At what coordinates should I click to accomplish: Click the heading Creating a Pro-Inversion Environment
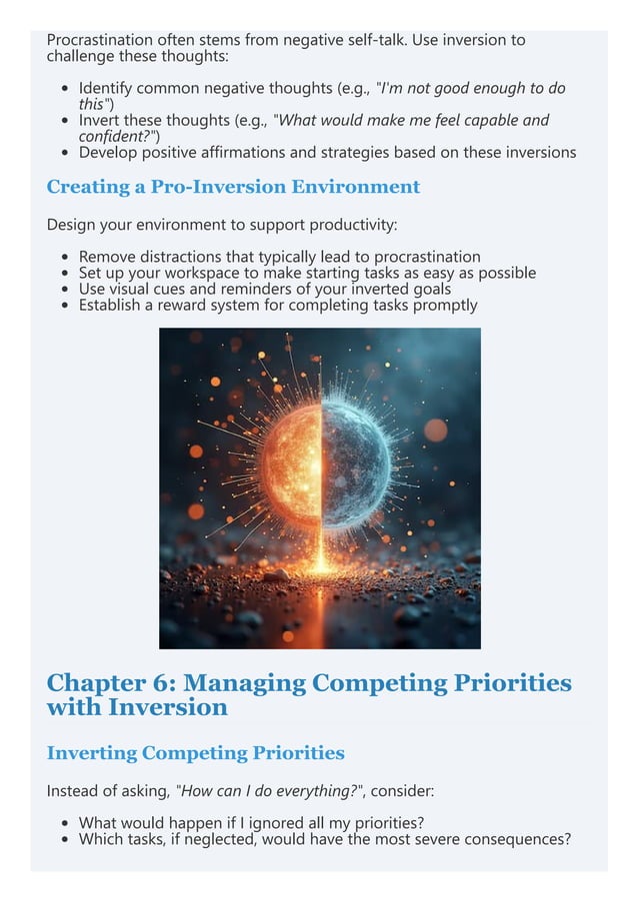coord(233,187)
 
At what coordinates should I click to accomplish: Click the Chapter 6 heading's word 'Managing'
coord(244,683)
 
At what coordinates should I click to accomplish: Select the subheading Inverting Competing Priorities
coord(195,753)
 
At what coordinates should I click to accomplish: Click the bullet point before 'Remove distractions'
coord(65,258)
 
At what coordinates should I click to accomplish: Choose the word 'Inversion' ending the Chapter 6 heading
coord(169,708)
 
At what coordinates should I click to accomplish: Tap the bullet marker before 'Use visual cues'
coord(65,290)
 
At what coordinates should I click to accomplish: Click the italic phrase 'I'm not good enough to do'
coord(469,88)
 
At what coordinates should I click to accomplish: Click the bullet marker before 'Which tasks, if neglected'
coord(65,840)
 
